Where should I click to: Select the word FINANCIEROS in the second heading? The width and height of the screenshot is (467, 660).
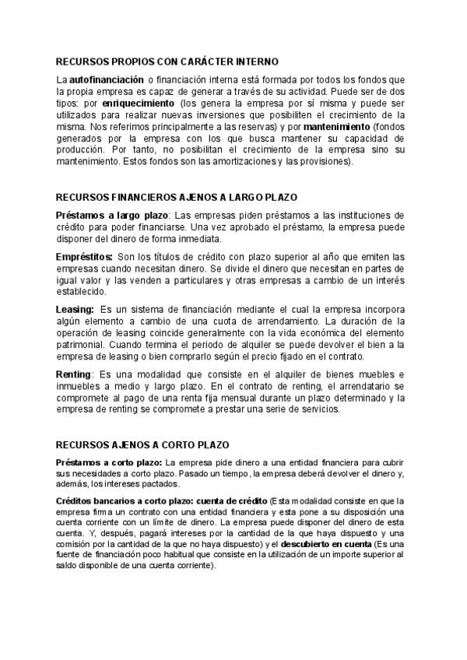pos(139,198)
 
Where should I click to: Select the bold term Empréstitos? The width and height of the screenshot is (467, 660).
pos(84,257)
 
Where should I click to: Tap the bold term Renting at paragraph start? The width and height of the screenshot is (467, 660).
pos(73,374)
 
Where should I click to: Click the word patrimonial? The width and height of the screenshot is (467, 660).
pos(83,345)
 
